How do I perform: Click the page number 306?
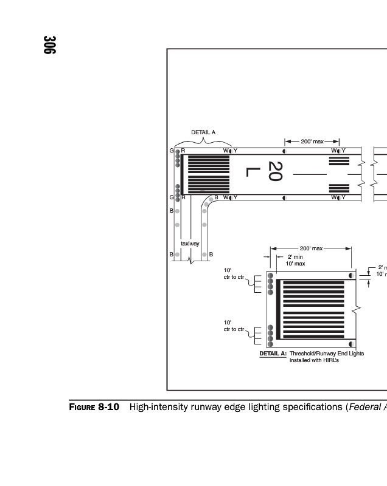pos(49,46)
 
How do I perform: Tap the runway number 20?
pos(275,171)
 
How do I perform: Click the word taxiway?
pos(190,244)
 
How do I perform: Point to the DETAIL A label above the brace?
pos(203,132)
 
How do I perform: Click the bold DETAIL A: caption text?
pos(273,353)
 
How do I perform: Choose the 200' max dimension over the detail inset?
pos(311,248)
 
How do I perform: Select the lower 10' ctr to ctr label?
pos(234,326)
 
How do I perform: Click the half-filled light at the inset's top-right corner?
pos(351,275)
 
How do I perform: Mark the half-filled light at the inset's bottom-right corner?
pos(351,343)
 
